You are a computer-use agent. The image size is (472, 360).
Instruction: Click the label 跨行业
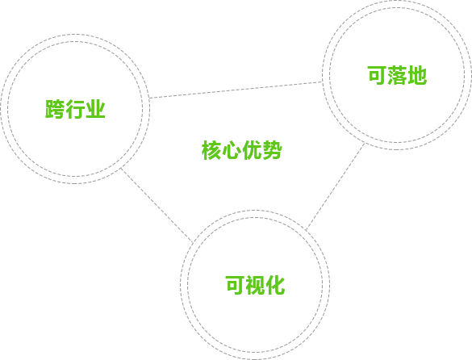coord(75,109)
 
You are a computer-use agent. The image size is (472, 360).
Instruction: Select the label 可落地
coord(397,75)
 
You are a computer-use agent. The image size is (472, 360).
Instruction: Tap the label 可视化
coord(255,285)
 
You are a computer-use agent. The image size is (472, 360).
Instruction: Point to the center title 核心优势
coord(242,149)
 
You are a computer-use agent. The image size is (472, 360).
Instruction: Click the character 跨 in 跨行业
coord(55,109)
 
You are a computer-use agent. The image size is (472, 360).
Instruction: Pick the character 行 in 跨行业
coord(75,109)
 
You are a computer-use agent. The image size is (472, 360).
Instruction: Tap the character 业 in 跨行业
coord(95,109)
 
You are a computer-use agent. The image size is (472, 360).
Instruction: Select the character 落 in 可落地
coord(397,75)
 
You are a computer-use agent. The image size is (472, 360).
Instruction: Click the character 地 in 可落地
coord(417,75)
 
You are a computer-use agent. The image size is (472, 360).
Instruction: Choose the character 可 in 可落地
coord(377,75)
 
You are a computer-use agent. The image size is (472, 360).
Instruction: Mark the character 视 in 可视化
coord(255,285)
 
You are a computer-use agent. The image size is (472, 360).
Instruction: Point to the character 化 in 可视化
coord(275,285)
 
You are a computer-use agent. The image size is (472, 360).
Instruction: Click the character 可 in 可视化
coord(235,285)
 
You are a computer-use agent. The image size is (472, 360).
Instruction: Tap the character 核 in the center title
coord(211,149)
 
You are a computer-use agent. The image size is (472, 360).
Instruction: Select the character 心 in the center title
coord(232,149)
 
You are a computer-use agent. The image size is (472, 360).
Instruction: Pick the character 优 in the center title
coord(252,149)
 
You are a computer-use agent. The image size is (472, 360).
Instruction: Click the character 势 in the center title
coord(273,149)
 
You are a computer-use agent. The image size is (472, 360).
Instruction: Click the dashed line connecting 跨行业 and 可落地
coord(236,90)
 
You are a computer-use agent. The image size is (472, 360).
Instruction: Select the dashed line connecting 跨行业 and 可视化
coord(157,205)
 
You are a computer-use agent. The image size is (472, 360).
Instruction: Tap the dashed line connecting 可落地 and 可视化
coord(335,186)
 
